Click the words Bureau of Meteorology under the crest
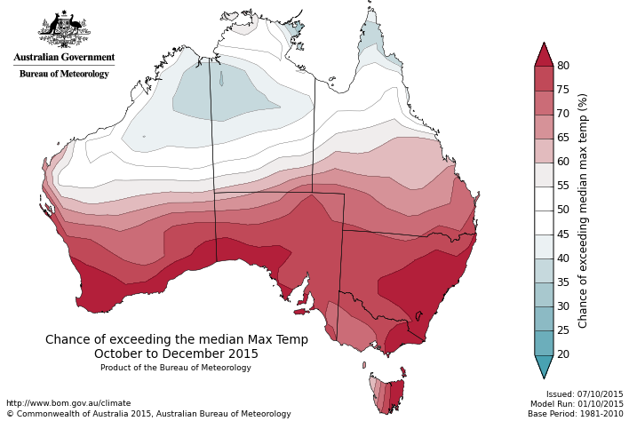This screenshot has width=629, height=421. pyautogui.click(x=64, y=74)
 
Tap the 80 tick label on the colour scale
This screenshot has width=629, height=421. pyautogui.click(x=563, y=66)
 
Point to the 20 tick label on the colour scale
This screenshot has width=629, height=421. pyautogui.click(x=563, y=354)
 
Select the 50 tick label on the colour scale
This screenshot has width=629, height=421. pyautogui.click(x=563, y=210)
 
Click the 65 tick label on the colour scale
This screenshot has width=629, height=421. pyautogui.click(x=563, y=138)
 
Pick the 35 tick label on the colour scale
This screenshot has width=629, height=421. pyautogui.click(x=563, y=282)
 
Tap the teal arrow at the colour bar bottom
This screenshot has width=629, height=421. pyautogui.click(x=544, y=366)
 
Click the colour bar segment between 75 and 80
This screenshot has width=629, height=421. pyautogui.click(x=544, y=78)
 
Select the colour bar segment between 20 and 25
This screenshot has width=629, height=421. pyautogui.click(x=544, y=343)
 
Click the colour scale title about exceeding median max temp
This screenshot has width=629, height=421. pyautogui.click(x=584, y=210)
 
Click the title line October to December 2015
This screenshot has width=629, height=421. pyautogui.click(x=177, y=353)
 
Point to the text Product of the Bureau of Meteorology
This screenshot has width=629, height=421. pyautogui.click(x=176, y=368)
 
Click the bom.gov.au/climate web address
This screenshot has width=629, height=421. pyautogui.click(x=68, y=403)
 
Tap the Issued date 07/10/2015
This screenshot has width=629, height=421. pyautogui.click(x=585, y=394)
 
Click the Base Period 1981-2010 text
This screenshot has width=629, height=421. pyautogui.click(x=576, y=414)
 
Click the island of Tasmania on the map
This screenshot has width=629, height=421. pyautogui.click(x=387, y=393)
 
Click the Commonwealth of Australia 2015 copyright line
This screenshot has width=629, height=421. pyautogui.click(x=148, y=414)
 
